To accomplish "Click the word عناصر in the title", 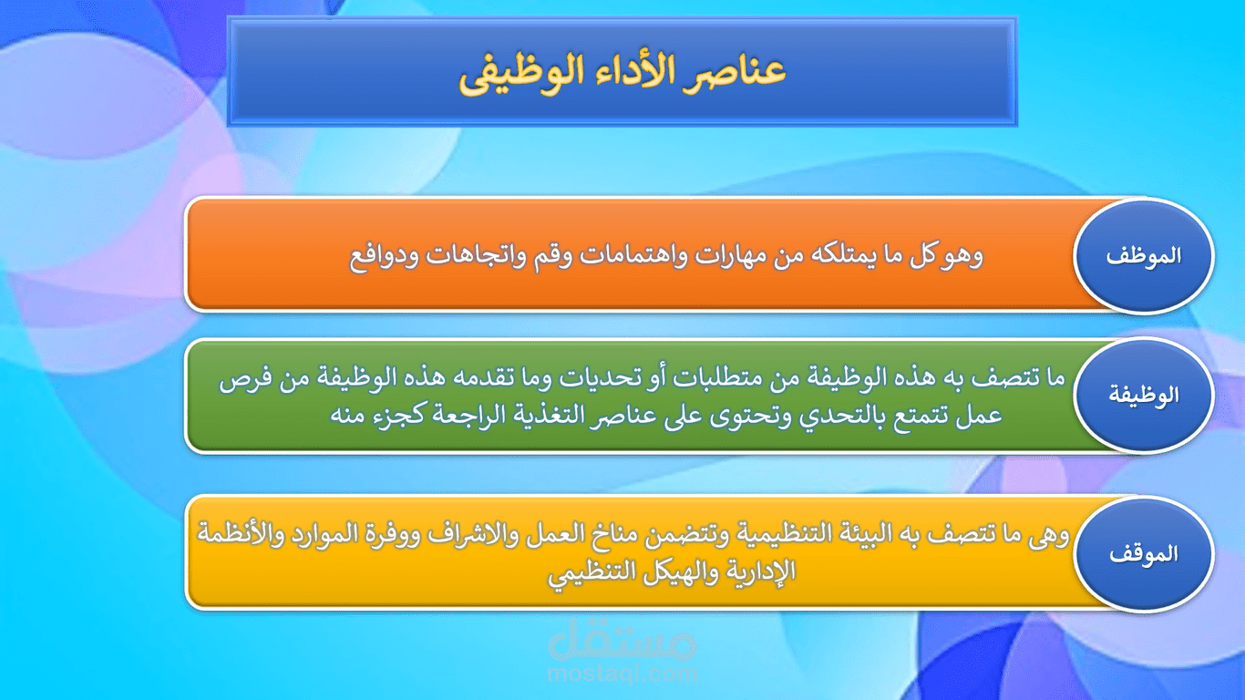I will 739,73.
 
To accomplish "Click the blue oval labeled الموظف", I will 1143,256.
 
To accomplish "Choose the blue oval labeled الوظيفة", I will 1143,396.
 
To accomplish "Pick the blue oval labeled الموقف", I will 1143,553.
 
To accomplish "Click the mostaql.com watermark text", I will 623,674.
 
